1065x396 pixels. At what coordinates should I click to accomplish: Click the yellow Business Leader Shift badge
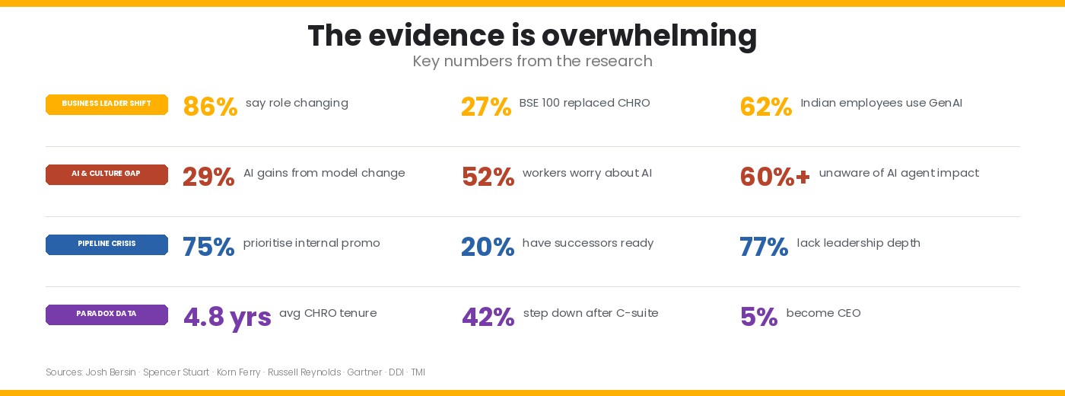click(x=106, y=105)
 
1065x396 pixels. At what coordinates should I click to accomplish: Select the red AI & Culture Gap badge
click(x=106, y=174)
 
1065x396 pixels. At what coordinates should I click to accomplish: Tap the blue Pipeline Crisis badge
click(x=106, y=244)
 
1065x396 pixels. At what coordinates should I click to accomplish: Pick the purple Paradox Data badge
click(x=106, y=315)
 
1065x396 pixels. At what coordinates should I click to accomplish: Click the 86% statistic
click(x=210, y=106)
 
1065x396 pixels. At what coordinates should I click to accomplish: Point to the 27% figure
click(x=486, y=106)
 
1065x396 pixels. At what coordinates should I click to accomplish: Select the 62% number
click(x=766, y=106)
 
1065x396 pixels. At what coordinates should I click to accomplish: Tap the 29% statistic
click(x=208, y=177)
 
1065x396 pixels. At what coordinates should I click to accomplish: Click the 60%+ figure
click(x=775, y=177)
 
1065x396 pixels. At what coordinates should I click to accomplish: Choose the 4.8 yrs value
click(x=227, y=318)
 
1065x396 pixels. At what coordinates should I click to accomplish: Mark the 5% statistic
click(x=759, y=317)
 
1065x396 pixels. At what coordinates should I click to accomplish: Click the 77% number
click(x=764, y=247)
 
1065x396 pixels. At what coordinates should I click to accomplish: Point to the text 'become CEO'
click(x=823, y=313)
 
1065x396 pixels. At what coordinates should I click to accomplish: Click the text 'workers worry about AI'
click(x=587, y=173)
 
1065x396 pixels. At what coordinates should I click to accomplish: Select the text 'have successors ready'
click(x=588, y=243)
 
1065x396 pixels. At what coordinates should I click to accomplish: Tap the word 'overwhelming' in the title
click(x=649, y=37)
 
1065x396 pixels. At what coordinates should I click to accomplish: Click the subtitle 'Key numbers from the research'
click(x=532, y=62)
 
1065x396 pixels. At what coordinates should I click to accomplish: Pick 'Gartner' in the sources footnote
click(x=364, y=372)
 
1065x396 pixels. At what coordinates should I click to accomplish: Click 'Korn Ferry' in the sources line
click(x=239, y=372)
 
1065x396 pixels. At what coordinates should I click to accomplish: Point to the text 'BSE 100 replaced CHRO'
click(x=584, y=103)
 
